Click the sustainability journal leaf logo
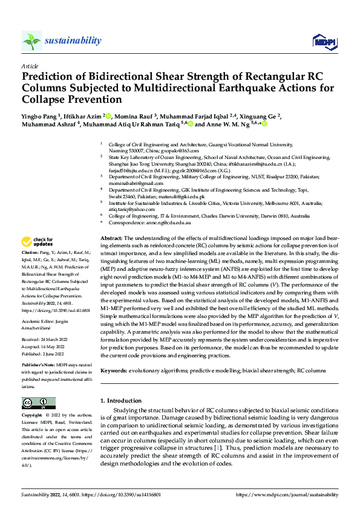[32, 41]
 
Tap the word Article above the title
[30, 66]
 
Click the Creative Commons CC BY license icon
[38, 403]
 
